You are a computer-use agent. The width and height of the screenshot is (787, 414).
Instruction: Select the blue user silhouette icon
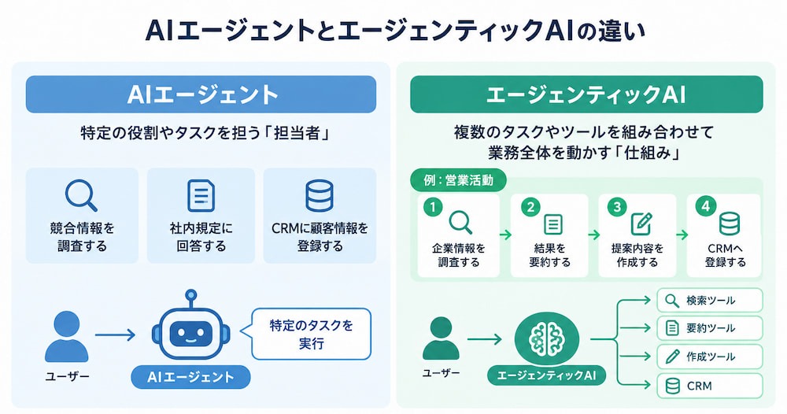[66, 336]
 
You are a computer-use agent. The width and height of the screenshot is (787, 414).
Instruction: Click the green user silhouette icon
[441, 338]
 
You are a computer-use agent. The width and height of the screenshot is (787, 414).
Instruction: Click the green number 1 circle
[433, 207]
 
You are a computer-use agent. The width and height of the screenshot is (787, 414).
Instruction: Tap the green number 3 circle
[617, 207]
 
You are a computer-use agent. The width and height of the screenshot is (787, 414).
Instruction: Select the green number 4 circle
[706, 206]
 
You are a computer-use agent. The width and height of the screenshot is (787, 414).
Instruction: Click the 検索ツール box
[710, 300]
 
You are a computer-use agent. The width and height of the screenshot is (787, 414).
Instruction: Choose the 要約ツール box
[710, 328]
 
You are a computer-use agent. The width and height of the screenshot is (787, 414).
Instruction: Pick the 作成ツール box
[710, 357]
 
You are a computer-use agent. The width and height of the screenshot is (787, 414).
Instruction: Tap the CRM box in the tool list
[710, 386]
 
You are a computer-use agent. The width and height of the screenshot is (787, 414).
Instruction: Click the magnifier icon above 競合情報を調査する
[81, 195]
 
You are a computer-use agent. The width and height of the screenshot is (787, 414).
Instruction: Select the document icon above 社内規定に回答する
[201, 196]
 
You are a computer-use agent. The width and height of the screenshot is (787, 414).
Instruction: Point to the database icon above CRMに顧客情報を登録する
[320, 196]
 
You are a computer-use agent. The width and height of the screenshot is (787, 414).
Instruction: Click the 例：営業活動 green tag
[458, 180]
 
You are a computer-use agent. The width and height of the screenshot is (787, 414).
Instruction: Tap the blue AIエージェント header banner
[201, 94]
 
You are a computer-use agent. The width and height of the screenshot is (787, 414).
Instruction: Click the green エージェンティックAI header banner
[586, 94]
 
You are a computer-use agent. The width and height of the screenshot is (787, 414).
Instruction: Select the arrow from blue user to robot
[115, 335]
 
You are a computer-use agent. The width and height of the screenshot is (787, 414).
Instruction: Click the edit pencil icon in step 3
[641, 224]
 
